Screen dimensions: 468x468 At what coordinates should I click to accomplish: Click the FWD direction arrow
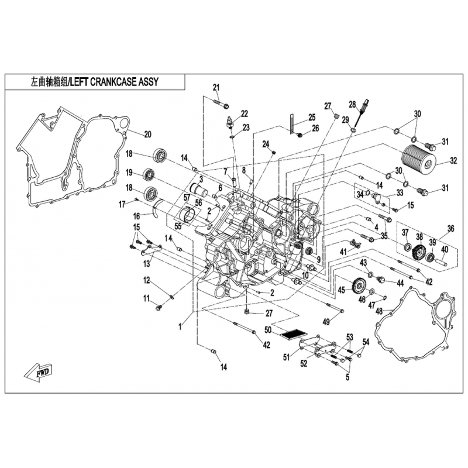click(x=39, y=372)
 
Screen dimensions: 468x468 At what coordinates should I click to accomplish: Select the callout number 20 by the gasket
click(x=147, y=135)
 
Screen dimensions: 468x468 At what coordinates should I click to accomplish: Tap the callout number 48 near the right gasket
click(x=379, y=311)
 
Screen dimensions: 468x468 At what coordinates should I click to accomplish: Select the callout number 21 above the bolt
click(x=216, y=87)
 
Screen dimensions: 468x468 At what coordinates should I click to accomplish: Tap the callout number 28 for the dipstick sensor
click(x=353, y=104)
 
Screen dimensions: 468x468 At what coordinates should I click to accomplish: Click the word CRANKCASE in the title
click(x=113, y=81)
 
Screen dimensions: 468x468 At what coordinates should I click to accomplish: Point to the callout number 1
click(x=180, y=327)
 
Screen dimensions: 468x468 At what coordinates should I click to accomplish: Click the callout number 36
click(x=450, y=229)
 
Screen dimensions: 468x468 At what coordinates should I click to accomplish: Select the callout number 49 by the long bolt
click(x=326, y=321)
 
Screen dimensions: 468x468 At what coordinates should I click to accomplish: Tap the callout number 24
click(x=266, y=144)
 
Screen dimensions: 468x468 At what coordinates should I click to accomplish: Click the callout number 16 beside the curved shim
click(x=136, y=216)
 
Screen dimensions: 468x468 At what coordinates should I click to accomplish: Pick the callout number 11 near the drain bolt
click(x=146, y=298)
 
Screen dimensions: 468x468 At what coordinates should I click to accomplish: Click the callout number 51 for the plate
click(x=287, y=357)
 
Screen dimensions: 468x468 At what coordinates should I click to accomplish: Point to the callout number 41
click(x=343, y=252)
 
